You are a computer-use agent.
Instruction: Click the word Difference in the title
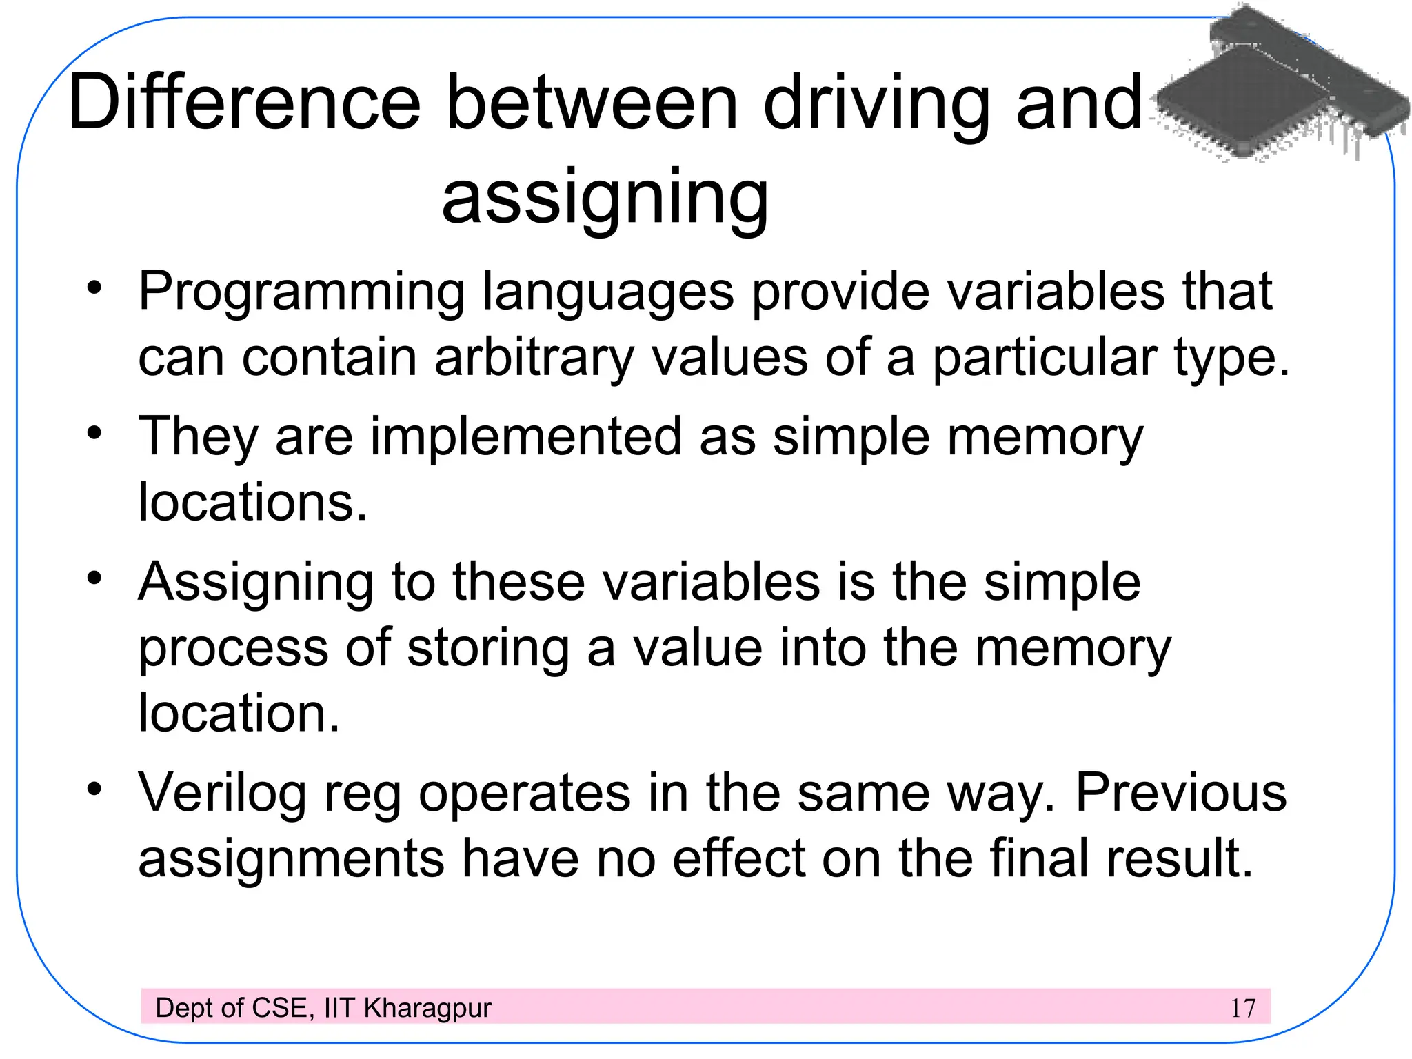click(x=245, y=103)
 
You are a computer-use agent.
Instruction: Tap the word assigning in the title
click(x=605, y=199)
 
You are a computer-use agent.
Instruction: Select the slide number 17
click(x=1242, y=1008)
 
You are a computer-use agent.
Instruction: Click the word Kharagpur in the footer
click(x=427, y=1008)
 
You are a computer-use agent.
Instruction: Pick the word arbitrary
click(x=534, y=359)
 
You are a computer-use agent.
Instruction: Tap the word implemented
click(x=526, y=437)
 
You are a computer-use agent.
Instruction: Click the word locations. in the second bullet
click(x=252, y=502)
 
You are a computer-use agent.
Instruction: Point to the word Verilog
click(x=222, y=794)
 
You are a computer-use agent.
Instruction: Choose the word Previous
click(x=1180, y=793)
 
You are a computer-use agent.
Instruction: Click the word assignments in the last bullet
click(x=291, y=859)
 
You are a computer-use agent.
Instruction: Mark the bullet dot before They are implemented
click(x=94, y=433)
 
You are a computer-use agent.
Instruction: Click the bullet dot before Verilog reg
click(x=94, y=787)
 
